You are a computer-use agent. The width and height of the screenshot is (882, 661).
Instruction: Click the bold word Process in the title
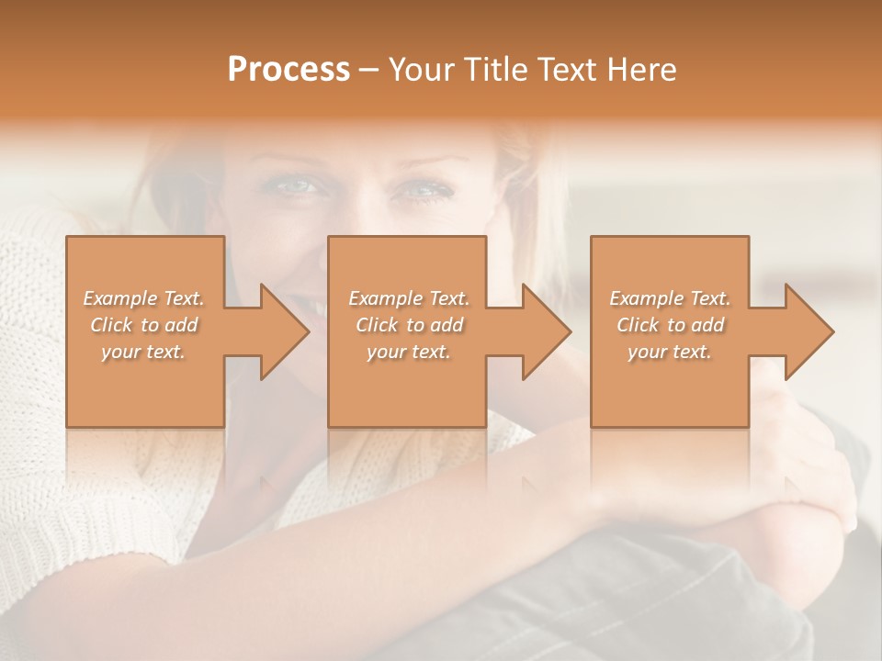click(x=288, y=69)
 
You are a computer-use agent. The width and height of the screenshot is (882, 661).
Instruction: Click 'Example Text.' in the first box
click(x=144, y=298)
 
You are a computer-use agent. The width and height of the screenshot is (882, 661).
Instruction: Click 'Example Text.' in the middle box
click(x=409, y=298)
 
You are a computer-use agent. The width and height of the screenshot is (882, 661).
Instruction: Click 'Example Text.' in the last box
click(x=670, y=298)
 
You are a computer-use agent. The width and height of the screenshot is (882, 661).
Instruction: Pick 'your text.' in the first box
click(x=143, y=352)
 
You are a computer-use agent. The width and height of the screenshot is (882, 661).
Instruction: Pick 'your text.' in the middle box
click(x=408, y=352)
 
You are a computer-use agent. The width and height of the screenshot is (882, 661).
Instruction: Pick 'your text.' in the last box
click(x=670, y=352)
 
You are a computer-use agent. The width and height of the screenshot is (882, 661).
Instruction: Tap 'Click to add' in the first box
click(x=144, y=325)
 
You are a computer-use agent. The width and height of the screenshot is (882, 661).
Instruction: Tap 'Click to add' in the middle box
click(x=409, y=325)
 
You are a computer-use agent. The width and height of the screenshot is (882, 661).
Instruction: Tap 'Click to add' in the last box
click(x=671, y=325)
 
